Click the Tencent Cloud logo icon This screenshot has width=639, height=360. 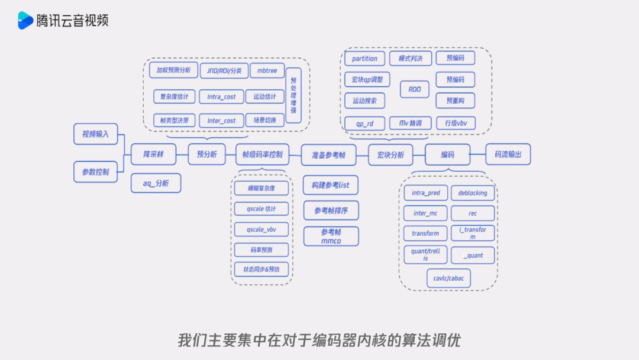click(25, 20)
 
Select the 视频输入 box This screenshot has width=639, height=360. click(95, 134)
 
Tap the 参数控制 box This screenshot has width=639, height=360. click(95, 172)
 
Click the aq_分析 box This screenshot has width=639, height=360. click(156, 184)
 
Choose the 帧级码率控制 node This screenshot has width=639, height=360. click(262, 155)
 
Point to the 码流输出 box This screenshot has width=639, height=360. click(508, 155)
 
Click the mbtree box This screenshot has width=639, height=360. click(267, 70)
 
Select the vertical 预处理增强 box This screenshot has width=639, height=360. click(293, 95)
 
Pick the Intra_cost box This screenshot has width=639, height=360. click(221, 96)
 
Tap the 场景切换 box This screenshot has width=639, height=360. click(261, 120)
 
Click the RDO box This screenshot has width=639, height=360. click(414, 89)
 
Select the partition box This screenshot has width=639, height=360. click(364, 59)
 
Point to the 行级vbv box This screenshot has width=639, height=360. click(456, 123)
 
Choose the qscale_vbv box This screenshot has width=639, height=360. click(262, 229)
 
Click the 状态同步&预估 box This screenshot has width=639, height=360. click(262, 269)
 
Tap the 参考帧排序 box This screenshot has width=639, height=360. click(331, 210)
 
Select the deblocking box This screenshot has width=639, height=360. click(473, 193)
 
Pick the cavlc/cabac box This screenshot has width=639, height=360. click(448, 278)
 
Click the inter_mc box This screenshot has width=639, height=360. click(425, 213)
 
